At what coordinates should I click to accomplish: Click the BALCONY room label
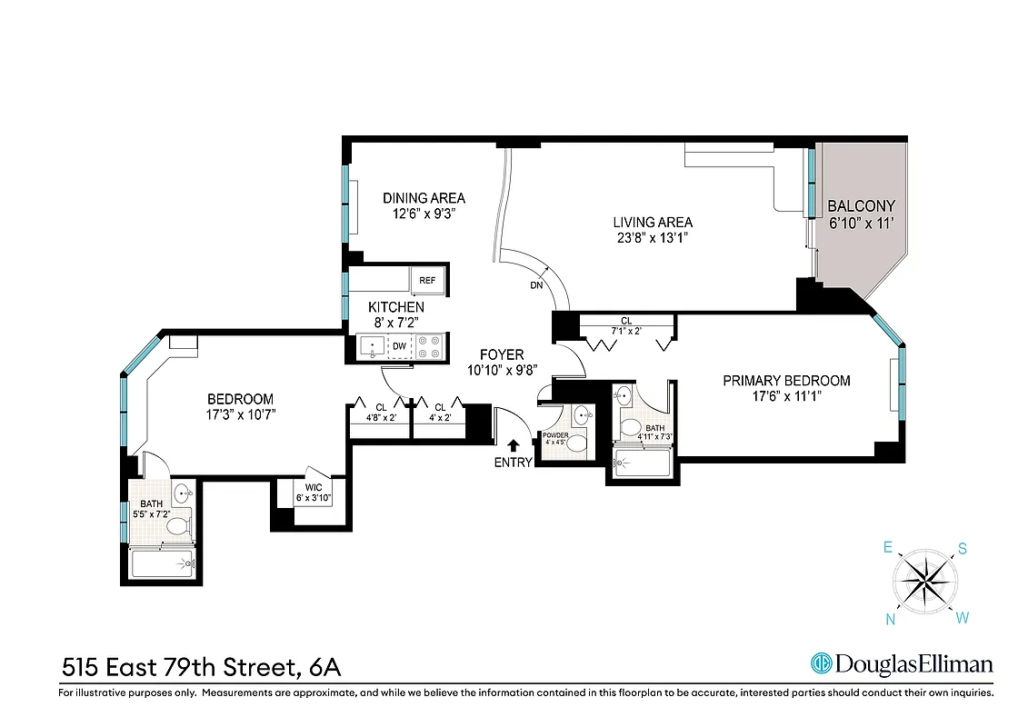[x=861, y=206]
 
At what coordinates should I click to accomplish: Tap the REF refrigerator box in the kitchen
[x=427, y=282]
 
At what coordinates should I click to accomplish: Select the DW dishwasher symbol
[x=399, y=346]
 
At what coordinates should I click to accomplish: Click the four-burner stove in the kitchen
[x=429, y=346]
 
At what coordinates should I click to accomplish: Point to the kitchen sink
[x=371, y=346]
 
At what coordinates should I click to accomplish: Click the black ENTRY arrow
[x=514, y=445]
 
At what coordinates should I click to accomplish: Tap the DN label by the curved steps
[x=536, y=284]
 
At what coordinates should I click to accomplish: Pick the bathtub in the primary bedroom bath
[x=643, y=463]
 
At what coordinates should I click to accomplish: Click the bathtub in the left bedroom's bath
[x=162, y=564]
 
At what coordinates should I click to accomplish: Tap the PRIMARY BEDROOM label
[x=786, y=381]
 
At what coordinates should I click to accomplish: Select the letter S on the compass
[x=961, y=549]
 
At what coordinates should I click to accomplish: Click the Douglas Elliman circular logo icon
[x=823, y=664]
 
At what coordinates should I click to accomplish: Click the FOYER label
[x=502, y=354]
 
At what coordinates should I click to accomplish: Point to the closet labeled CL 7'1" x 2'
[x=626, y=326]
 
